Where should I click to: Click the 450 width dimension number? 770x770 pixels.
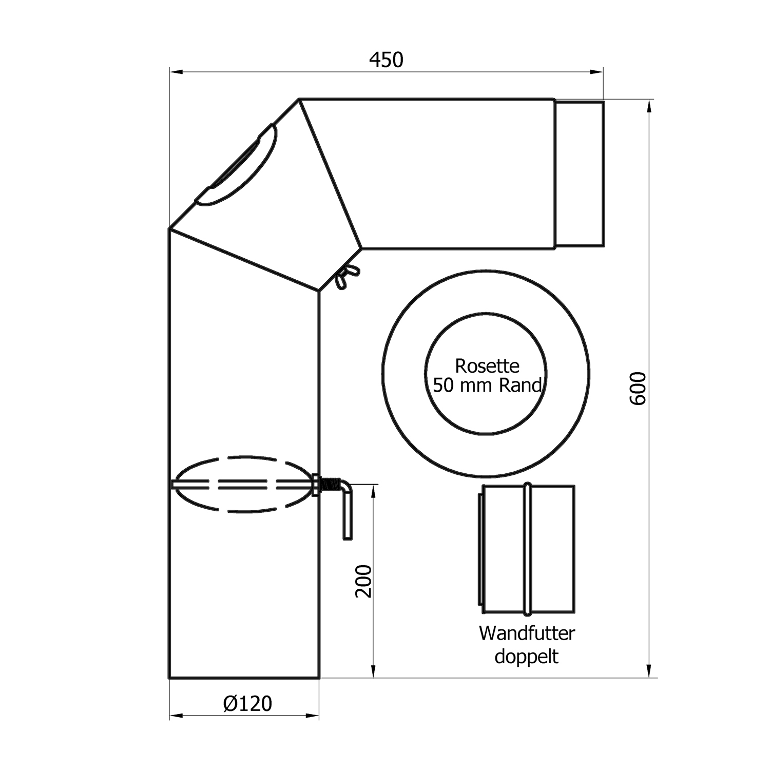(386, 60)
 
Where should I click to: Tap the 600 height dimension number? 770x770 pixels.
(638, 389)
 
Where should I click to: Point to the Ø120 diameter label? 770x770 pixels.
(247, 703)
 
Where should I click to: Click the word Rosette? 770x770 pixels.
(487, 366)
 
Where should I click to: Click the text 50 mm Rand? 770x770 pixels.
(487, 385)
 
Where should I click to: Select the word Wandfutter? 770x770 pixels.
(527, 633)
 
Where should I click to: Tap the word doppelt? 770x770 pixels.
(526, 656)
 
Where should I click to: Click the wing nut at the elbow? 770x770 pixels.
(348, 276)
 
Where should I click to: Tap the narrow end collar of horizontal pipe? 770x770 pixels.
(579, 174)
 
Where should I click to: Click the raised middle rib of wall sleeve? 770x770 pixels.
(527, 549)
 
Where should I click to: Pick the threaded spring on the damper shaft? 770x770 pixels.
(331, 484)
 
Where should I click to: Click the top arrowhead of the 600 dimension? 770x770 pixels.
(650, 106)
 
